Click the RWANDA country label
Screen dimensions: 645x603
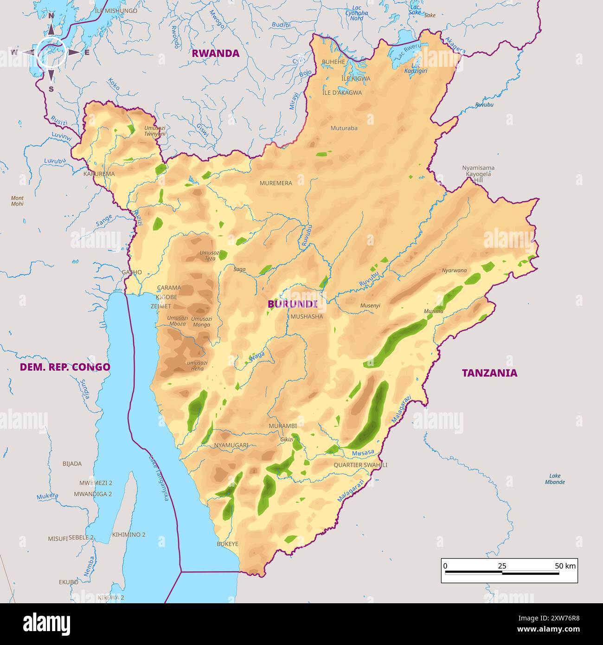pos(216,53)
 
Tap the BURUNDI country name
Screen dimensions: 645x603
pos(292,304)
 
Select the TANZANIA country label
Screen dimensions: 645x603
pos(489,373)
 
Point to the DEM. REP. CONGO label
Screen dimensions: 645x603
pos(65,367)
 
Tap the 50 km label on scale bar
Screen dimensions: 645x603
pos(565,566)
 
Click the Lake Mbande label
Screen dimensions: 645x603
pos(555,479)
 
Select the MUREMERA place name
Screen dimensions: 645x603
pos(276,183)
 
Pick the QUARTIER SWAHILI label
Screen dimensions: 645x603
pos(360,465)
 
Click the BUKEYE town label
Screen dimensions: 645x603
pos(227,544)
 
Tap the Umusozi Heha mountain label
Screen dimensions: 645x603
pos(197,366)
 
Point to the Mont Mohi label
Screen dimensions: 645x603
pos(17,201)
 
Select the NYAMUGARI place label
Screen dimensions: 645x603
pos(231,445)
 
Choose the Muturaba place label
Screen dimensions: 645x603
pos(344,128)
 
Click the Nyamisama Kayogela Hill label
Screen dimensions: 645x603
pos(478,174)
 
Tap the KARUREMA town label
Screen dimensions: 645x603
pos(99,174)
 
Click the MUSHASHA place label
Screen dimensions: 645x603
pos(306,316)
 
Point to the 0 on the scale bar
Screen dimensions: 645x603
pos(445,566)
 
